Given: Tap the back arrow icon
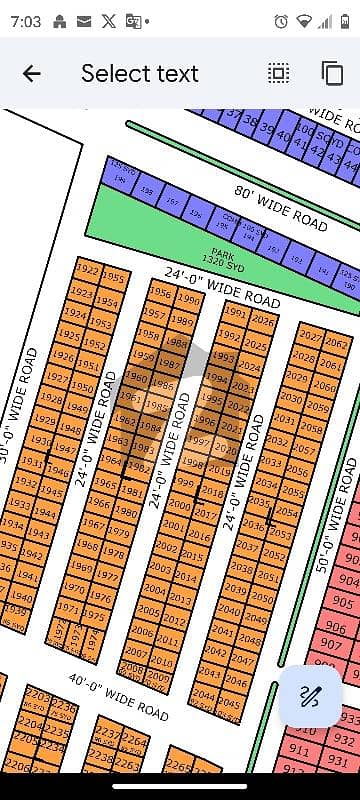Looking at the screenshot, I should (32, 73).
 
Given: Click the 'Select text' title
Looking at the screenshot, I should (140, 73).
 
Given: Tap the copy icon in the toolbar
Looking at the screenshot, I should (332, 73).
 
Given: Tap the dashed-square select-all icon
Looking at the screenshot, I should (279, 73).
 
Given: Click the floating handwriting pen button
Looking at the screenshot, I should (312, 696).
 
